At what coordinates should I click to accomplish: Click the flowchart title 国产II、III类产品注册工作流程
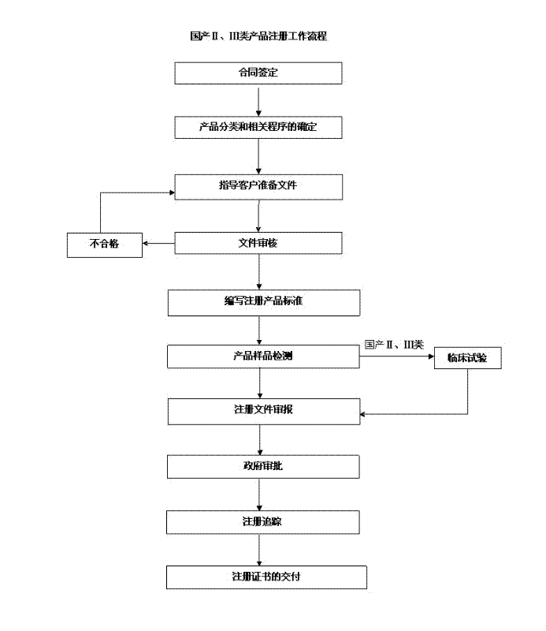click(258, 36)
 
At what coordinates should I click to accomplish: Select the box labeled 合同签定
click(258, 73)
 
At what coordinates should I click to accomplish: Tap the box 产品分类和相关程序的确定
click(258, 127)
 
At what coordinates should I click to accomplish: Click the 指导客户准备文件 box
click(258, 186)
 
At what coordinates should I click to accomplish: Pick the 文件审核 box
click(258, 243)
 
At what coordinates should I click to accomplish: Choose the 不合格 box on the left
click(104, 245)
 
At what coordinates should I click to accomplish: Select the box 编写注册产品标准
click(263, 302)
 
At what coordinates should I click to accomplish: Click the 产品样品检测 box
click(263, 357)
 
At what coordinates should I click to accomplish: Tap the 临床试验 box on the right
click(467, 358)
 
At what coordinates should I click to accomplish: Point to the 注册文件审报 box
click(263, 411)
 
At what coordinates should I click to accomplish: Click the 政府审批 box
click(263, 466)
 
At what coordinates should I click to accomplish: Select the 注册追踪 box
click(263, 521)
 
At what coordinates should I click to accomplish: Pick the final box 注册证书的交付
click(266, 577)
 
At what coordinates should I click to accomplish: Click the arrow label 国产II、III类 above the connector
click(395, 345)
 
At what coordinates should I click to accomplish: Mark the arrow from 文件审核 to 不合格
click(158, 244)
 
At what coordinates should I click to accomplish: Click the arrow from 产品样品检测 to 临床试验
click(397, 357)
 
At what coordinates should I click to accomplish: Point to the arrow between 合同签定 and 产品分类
click(258, 100)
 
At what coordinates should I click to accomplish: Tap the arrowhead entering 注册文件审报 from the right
click(363, 413)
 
